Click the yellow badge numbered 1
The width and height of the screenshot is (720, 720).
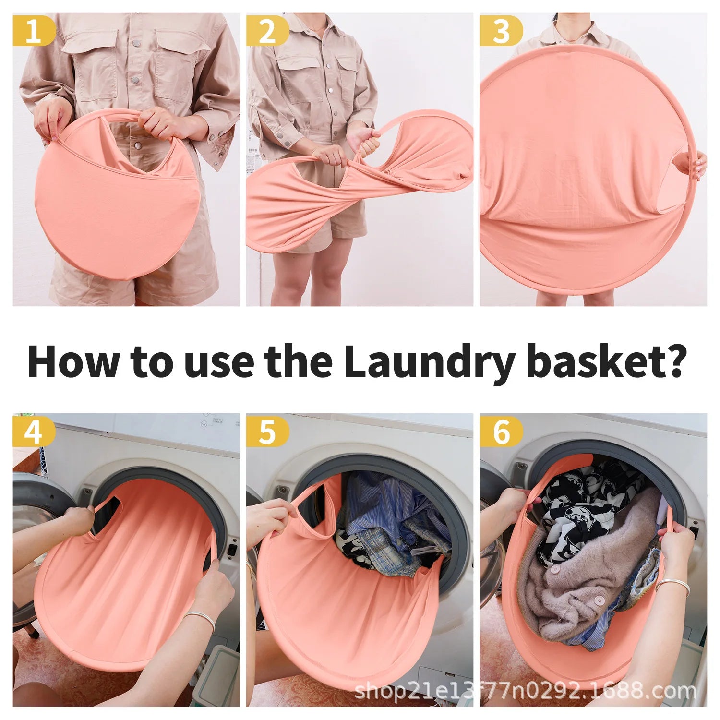click(34, 30)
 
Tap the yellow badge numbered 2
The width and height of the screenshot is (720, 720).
click(267, 30)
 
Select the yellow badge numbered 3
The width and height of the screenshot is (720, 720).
click(501, 30)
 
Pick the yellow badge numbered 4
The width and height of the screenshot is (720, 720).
click(34, 431)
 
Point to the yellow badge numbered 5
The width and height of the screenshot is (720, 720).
click(267, 431)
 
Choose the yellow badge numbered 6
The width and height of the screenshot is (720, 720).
click(501, 431)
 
